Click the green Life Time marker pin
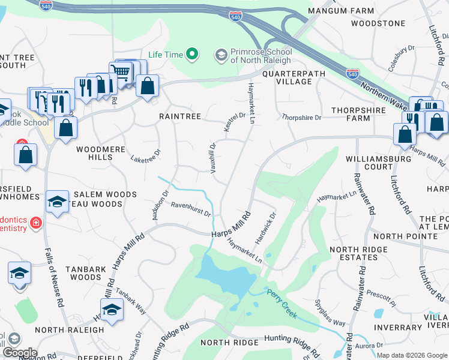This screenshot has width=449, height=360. [x=192, y=55]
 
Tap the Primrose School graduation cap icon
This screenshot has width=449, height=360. [x=221, y=55]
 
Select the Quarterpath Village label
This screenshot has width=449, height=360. [x=294, y=78]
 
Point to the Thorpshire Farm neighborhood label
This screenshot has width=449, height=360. [x=358, y=114]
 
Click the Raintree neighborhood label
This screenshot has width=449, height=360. [x=179, y=116]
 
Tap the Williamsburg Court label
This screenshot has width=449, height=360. [x=378, y=163]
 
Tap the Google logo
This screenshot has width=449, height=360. [x=19, y=353]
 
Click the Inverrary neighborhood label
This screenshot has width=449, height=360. [x=397, y=328]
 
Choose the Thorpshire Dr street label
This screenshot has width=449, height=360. [x=301, y=118]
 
